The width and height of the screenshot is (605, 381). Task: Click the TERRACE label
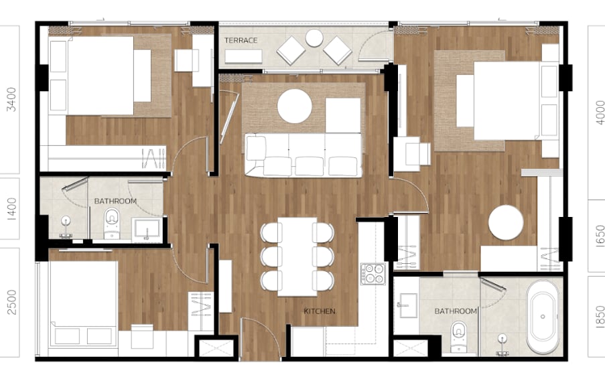[241, 40]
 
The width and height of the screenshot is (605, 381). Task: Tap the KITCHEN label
[320, 311]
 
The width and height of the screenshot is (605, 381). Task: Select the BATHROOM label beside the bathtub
[456, 311]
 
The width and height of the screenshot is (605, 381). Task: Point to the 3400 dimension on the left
[12, 100]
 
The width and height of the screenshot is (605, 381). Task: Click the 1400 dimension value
[12, 209]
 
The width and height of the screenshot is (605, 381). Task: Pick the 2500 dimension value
[12, 303]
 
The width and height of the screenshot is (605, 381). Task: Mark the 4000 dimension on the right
[600, 112]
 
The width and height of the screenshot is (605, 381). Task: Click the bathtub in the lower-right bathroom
[543, 317]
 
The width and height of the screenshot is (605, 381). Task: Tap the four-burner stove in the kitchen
[373, 274]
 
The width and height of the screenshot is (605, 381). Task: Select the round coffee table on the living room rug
[294, 106]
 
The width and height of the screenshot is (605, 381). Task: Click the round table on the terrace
[314, 38]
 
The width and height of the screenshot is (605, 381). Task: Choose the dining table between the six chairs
[297, 257]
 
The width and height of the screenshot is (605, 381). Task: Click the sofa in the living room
[304, 155]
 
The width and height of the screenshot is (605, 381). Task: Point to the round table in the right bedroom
[506, 222]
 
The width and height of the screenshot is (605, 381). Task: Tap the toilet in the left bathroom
[112, 224]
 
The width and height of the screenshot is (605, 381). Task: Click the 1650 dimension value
[600, 236]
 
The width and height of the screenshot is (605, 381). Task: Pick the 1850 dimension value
[600, 317]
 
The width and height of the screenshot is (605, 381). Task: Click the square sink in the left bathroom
[147, 229]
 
